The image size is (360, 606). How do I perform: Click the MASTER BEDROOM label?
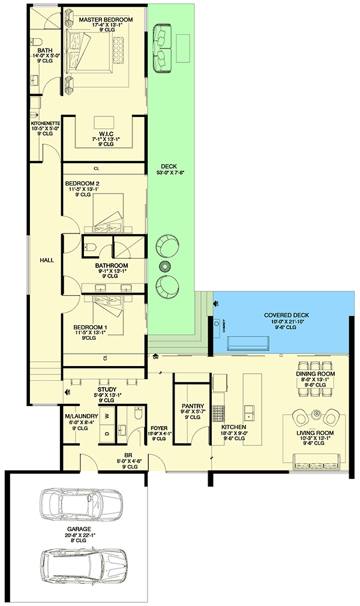click(106, 20)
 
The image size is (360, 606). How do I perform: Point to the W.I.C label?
click(107, 133)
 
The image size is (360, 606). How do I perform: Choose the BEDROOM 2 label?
click(82, 183)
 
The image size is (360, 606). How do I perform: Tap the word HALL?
click(46, 260)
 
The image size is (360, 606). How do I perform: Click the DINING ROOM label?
click(316, 373)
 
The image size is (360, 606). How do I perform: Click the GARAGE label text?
click(79, 529)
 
